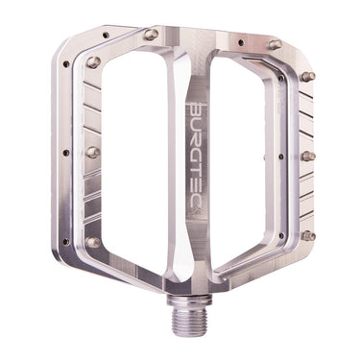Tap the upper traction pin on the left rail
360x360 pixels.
point(93,63)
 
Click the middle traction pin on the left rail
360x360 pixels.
point(93,152)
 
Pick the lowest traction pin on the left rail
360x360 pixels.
point(93,242)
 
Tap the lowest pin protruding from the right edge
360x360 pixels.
point(308,235)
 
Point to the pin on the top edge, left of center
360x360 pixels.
point(151,35)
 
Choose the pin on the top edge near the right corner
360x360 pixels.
point(275,44)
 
